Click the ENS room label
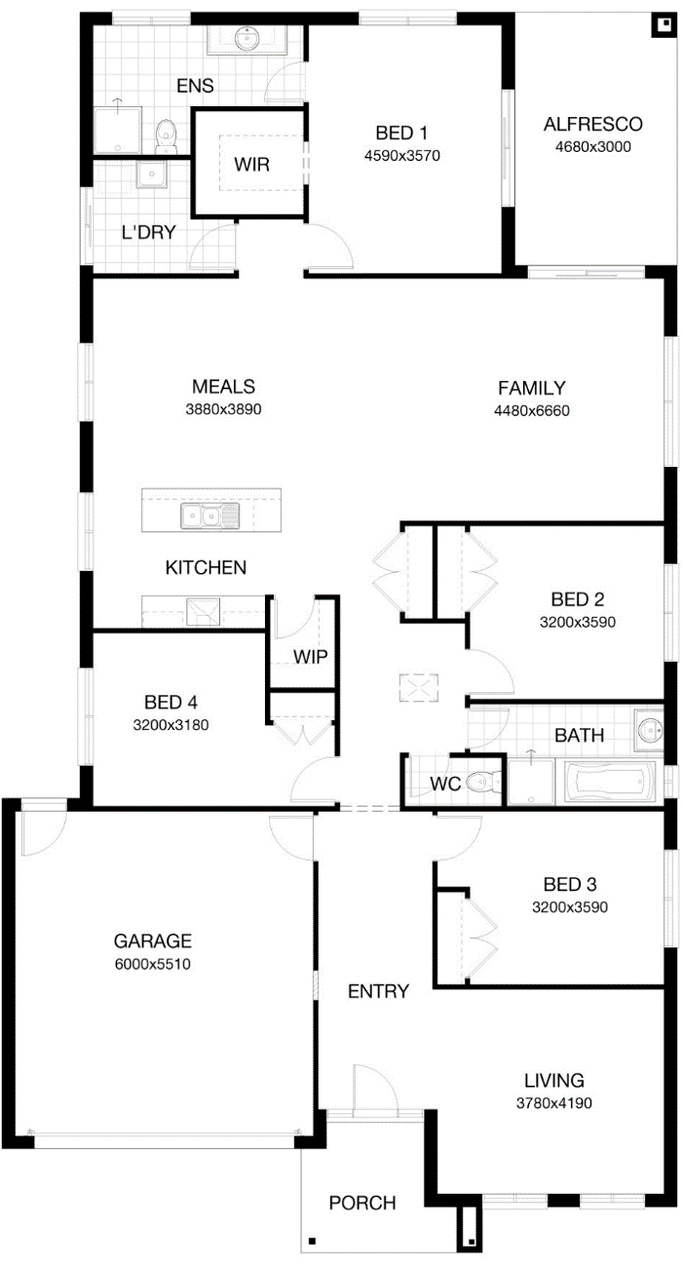(195, 86)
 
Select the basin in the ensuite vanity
(247, 37)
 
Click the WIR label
(251, 165)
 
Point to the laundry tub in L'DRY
(151, 174)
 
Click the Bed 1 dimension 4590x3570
(401, 156)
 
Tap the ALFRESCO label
(592, 124)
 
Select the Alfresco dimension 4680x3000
(592, 147)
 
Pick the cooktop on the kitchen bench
(204, 611)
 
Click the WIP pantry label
(310, 657)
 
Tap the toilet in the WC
(484, 783)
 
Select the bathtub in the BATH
(606, 782)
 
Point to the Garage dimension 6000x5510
(152, 964)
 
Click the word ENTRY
(378, 991)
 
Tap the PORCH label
(362, 1203)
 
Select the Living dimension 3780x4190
(553, 1103)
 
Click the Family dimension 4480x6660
(531, 410)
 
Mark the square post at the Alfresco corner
(665, 24)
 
